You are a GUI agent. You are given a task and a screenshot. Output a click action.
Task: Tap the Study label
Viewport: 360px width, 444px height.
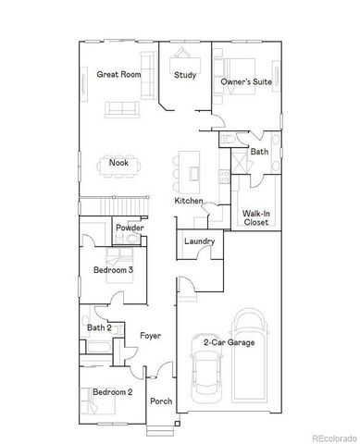click(x=183, y=75)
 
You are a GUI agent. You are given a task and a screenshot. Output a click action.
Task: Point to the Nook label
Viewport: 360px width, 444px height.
click(x=118, y=164)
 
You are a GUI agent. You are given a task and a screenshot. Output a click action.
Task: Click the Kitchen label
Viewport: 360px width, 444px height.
click(x=189, y=201)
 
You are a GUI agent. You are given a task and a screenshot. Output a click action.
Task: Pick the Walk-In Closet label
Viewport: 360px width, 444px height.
click(x=255, y=217)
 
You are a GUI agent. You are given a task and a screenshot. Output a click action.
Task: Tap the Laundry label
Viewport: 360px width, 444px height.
click(x=199, y=242)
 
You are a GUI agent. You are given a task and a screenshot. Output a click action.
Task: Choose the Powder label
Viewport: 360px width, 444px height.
click(x=129, y=227)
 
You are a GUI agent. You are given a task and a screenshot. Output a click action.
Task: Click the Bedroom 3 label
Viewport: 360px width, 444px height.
click(x=113, y=270)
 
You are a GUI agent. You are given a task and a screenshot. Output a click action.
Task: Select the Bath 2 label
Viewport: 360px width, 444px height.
click(x=99, y=327)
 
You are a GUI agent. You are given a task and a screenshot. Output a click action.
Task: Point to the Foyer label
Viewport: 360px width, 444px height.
click(x=151, y=335)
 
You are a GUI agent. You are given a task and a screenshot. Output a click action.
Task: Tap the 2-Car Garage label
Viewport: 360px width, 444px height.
click(x=230, y=342)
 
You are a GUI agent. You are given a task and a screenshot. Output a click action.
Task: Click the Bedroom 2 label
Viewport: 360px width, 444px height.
click(x=112, y=392)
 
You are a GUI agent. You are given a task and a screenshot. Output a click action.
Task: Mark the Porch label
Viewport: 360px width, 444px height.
click(x=161, y=401)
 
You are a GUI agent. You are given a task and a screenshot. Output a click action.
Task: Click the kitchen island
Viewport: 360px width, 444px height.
click(x=192, y=166)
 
